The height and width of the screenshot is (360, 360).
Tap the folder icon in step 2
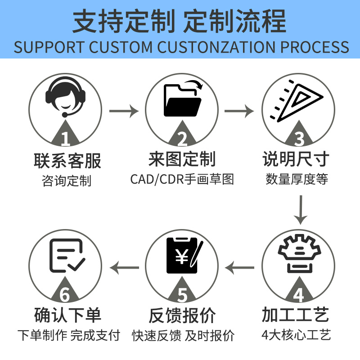(x=182, y=100)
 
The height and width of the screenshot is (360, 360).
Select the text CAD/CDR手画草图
(x=182, y=180)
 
